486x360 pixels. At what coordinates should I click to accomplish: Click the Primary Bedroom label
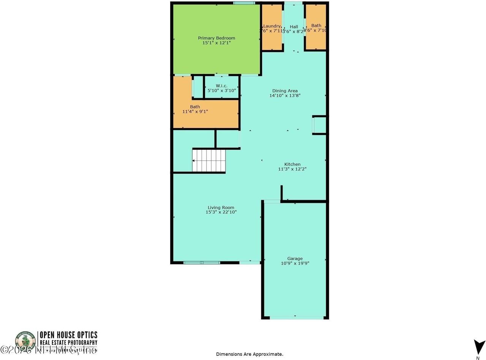[216, 38]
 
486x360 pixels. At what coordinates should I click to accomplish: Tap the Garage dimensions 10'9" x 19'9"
[295, 263]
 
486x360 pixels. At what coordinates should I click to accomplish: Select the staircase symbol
[208, 160]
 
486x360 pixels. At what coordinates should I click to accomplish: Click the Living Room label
[221, 208]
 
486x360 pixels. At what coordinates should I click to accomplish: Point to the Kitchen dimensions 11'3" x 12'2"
[292, 169]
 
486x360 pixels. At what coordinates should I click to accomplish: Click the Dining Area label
[285, 91]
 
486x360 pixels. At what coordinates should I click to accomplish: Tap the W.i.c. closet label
[222, 86]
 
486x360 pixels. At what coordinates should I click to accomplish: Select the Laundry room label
[272, 26]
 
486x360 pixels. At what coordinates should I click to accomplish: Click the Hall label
[294, 27]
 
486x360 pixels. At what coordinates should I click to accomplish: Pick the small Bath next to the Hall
[316, 26]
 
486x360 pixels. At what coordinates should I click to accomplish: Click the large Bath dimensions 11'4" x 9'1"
[195, 112]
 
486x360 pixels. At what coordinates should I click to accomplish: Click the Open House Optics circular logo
[25, 341]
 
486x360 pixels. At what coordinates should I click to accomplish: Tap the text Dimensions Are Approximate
[249, 354]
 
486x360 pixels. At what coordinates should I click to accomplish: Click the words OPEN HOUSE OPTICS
[69, 335]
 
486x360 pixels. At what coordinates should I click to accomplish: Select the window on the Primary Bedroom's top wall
[244, 3]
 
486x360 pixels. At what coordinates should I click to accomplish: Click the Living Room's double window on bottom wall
[202, 263]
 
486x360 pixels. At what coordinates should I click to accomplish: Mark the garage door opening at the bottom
[295, 318]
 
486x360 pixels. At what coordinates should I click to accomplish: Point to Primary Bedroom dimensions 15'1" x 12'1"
[216, 43]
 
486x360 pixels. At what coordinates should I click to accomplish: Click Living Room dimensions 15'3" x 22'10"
[221, 212]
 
